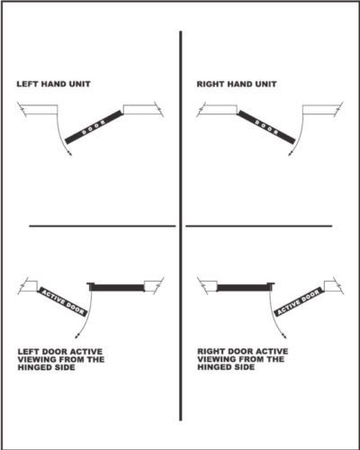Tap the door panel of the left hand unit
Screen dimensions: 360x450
click(x=94, y=127)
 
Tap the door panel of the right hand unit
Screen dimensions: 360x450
click(x=266, y=127)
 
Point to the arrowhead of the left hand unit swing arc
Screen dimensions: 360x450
click(x=70, y=154)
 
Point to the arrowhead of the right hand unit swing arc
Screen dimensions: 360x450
click(x=290, y=154)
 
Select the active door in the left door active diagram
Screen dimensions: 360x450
click(x=62, y=301)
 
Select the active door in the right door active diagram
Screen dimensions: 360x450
click(x=299, y=301)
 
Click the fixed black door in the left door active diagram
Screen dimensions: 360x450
click(x=116, y=287)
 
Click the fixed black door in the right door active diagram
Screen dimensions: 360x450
click(x=246, y=287)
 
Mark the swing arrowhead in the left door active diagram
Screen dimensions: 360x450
click(x=77, y=336)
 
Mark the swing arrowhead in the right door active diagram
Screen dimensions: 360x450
click(x=283, y=336)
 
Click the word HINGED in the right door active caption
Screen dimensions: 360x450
click(x=211, y=367)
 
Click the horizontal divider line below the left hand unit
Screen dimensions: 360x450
click(x=102, y=226)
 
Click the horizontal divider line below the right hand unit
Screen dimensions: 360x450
click(x=259, y=226)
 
